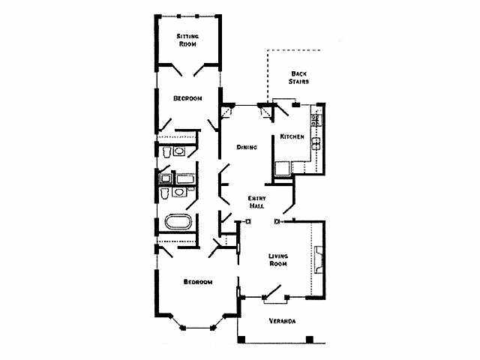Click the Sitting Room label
[187, 40]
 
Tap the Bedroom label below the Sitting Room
[187, 98]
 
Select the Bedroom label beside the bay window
[198, 282]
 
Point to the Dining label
[247, 147]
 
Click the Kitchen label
[292, 136]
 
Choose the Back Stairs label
[298, 77]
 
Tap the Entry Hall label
[256, 202]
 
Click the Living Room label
[278, 259]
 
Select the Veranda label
[282, 321]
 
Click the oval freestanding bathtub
[178, 221]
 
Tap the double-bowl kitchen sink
[316, 143]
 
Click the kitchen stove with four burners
[316, 120]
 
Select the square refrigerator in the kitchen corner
[283, 169]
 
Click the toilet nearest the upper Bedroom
[166, 151]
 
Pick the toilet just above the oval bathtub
[165, 193]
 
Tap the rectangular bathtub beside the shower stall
[185, 178]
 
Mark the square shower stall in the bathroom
[166, 178]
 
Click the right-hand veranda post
[310, 340]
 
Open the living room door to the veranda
[272, 292]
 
